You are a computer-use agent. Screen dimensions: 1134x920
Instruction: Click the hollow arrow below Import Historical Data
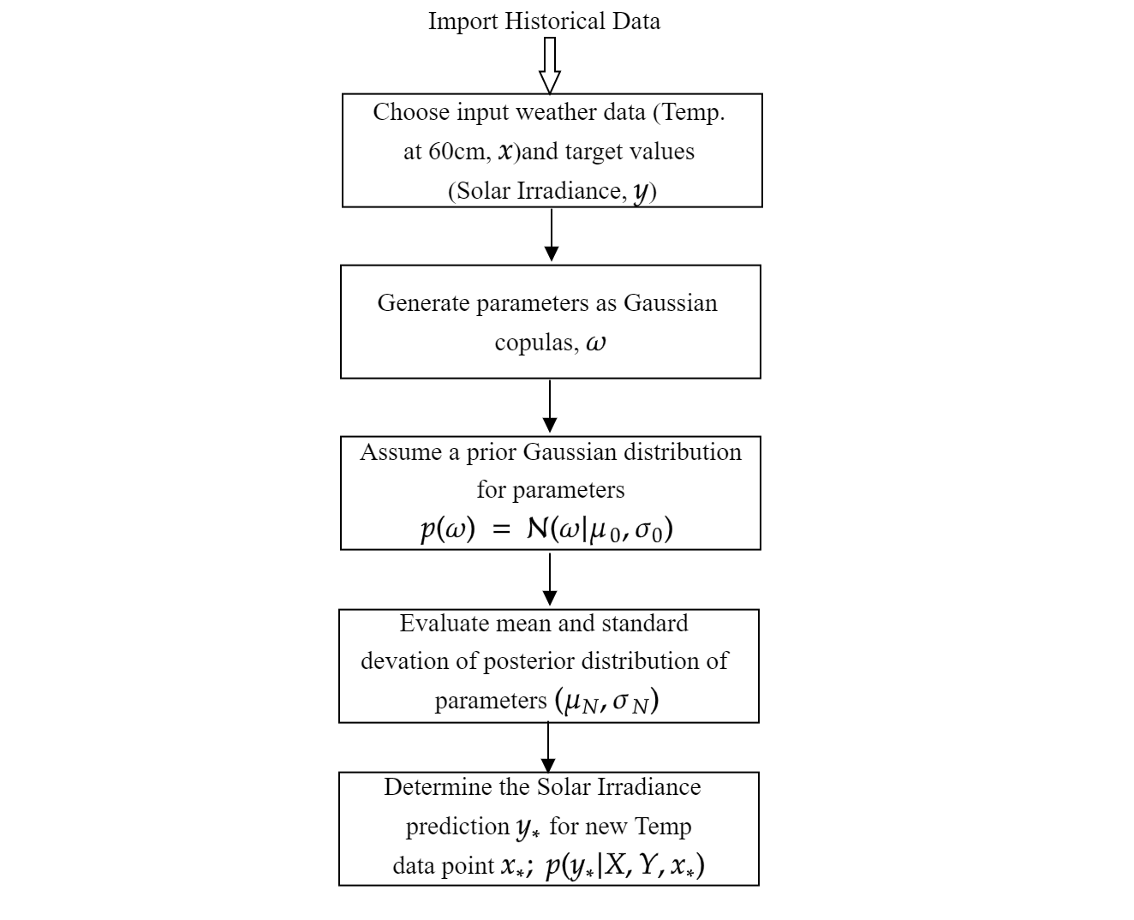click(x=549, y=65)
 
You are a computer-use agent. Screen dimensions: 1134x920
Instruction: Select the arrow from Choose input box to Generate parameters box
click(x=552, y=235)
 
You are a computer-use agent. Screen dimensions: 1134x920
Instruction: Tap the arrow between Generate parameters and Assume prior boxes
click(x=550, y=406)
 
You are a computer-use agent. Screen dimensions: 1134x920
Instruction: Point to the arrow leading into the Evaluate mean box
click(x=550, y=579)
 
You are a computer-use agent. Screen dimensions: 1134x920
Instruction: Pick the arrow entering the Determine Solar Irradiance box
click(x=548, y=747)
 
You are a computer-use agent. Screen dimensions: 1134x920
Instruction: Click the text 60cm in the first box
click(x=457, y=152)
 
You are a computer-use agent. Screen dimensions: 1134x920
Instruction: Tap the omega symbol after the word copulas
click(x=596, y=343)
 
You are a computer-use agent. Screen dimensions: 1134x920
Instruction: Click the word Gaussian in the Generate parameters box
click(x=671, y=303)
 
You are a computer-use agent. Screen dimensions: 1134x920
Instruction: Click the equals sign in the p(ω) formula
click(x=501, y=529)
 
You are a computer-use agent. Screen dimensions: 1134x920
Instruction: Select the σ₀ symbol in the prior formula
click(x=648, y=531)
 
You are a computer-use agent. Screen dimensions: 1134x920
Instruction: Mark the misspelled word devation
click(x=404, y=661)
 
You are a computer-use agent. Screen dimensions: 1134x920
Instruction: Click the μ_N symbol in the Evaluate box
click(x=582, y=702)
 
